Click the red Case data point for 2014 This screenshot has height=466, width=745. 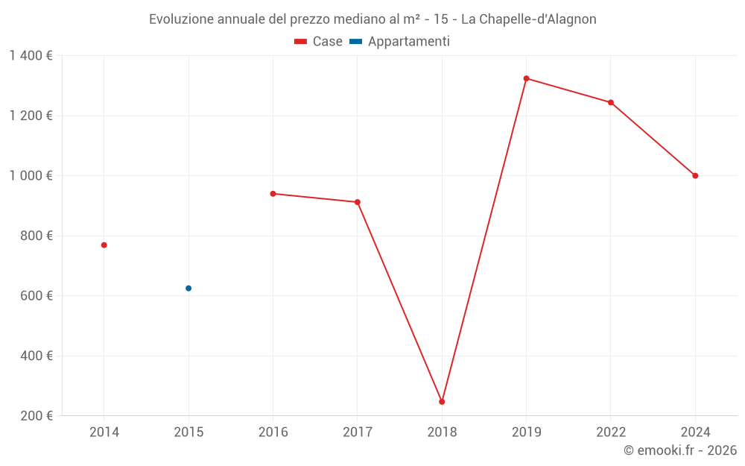tap(104, 245)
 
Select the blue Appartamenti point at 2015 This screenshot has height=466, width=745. tap(188, 289)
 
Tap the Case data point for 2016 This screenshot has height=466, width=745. tap(273, 194)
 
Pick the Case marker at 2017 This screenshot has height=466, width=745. tap(358, 202)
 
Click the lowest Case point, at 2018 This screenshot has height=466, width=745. tap(442, 402)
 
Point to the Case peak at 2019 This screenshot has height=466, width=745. tap(526, 78)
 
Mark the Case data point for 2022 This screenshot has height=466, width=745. tap(611, 103)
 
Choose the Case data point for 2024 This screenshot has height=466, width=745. tap(695, 176)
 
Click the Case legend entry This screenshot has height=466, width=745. tap(319, 42)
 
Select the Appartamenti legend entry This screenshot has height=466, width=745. tap(400, 42)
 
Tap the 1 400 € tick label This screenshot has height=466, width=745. tap(31, 56)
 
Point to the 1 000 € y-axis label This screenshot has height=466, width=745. tap(31, 176)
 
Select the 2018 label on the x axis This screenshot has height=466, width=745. tap(442, 432)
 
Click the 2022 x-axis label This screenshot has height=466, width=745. tap(611, 432)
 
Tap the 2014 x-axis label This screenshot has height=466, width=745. tap(104, 432)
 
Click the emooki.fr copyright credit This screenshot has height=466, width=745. tap(680, 450)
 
